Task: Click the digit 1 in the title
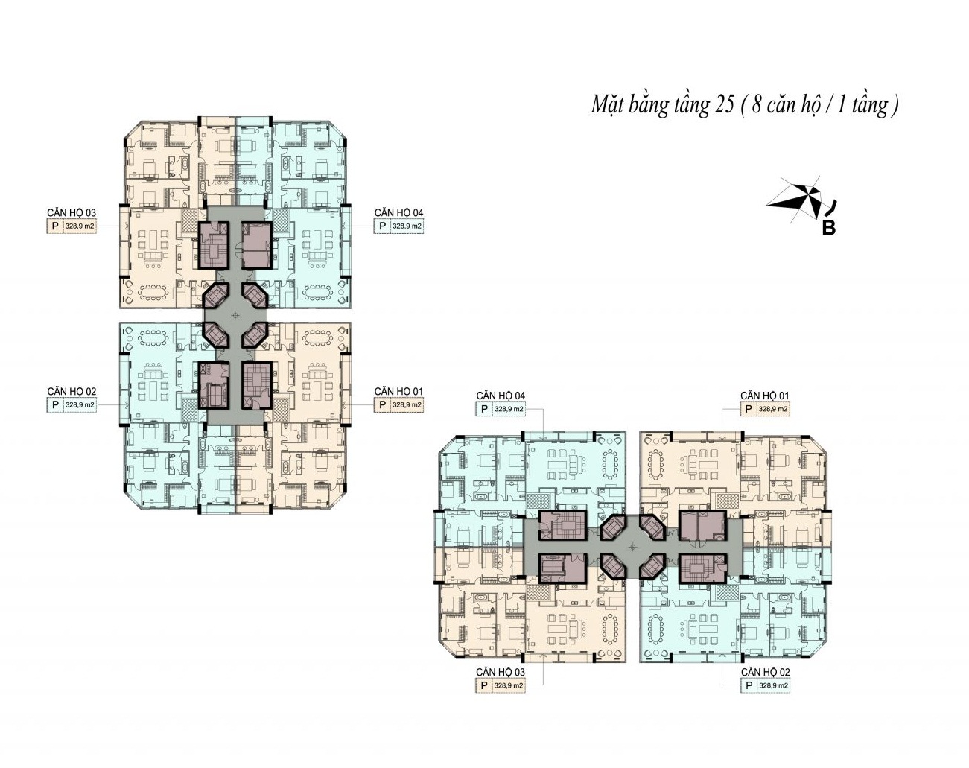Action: [841, 105]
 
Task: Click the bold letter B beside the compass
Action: [828, 229]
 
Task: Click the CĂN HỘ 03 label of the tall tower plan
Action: [72, 212]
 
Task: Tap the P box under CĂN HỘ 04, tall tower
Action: [382, 226]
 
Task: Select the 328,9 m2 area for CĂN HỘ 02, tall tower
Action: [80, 405]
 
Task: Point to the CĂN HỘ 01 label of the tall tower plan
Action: [398, 391]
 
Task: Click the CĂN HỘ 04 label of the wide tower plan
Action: [501, 396]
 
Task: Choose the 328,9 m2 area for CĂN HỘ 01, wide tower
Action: [773, 410]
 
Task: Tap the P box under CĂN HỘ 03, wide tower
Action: [484, 685]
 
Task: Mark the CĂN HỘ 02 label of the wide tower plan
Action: [766, 672]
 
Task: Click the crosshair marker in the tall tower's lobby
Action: [235, 315]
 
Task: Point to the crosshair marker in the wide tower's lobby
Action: [634, 547]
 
